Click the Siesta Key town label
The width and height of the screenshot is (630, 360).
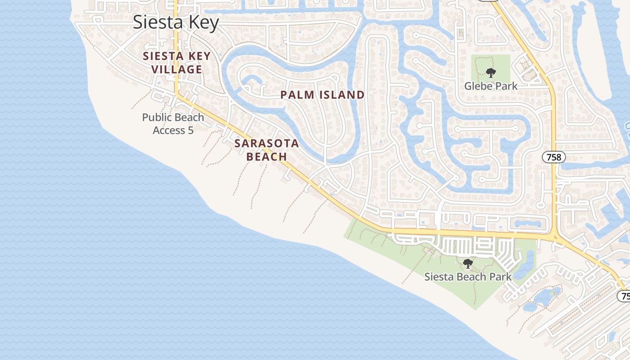tap(175, 22)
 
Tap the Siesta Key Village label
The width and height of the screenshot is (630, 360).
tap(176, 63)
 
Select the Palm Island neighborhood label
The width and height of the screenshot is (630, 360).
tap(322, 94)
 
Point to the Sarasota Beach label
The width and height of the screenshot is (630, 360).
tap(266, 150)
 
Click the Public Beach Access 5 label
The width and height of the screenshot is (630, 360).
tap(173, 124)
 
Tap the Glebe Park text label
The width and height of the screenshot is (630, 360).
tap(490, 85)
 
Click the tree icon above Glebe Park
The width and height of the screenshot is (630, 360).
tap(490, 72)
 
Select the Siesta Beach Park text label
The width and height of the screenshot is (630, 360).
tap(468, 276)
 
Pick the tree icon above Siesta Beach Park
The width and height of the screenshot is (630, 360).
tap(468, 264)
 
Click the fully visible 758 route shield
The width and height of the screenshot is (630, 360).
tap(553, 157)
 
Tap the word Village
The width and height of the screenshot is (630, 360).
tap(176, 69)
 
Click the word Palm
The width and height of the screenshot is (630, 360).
tap(297, 94)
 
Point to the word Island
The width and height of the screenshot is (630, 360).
tap(341, 94)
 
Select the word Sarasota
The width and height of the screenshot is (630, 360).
tap(266, 144)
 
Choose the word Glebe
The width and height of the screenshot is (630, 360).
tap(478, 85)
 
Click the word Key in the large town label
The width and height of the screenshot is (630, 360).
tap(204, 22)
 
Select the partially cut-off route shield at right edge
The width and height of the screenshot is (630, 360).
tap(625, 296)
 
